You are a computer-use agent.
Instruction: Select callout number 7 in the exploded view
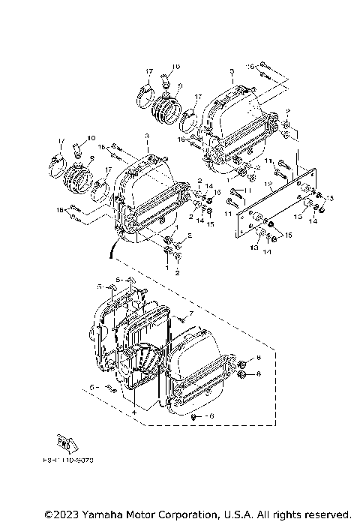click(191, 312)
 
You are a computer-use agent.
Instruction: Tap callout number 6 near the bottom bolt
click(211, 415)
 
